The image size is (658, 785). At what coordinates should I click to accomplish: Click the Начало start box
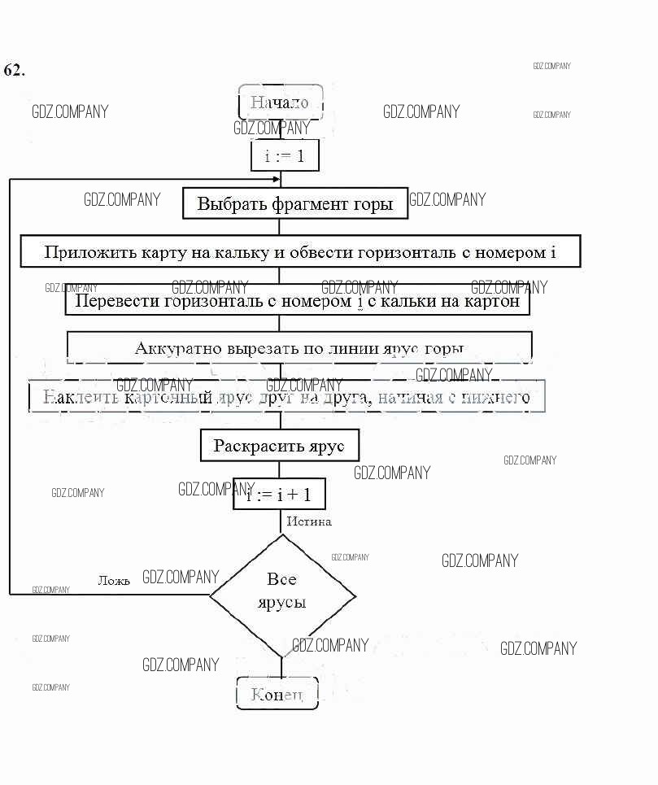pos(280,102)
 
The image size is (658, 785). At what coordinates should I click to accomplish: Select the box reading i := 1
pos(284,155)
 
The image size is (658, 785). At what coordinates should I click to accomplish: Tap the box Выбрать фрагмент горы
pos(294,204)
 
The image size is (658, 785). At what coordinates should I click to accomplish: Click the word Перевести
pos(117,302)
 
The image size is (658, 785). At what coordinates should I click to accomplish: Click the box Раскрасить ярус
pos(279,446)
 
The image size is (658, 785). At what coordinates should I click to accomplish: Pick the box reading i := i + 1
pos(279,494)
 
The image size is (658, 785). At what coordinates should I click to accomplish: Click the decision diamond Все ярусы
pos(282,591)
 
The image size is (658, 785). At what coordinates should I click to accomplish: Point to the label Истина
pos(309,521)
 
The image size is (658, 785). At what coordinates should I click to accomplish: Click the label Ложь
pos(113,581)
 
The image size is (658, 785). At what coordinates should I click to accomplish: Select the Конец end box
pos(277,694)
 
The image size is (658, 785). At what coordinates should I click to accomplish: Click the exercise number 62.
pos(14,70)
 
